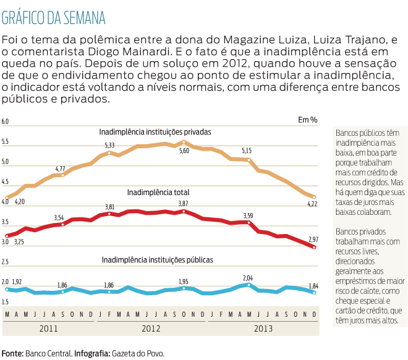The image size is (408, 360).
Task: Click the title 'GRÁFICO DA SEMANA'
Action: [54, 15]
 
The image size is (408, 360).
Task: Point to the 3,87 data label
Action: [184, 203]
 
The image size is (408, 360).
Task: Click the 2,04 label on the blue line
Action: [248, 278]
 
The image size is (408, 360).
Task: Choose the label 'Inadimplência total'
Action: [158, 193]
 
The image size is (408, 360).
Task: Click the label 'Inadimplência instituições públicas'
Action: [158, 260]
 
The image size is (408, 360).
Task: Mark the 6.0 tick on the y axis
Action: [6, 122]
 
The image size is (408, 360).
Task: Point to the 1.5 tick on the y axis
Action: [6, 301]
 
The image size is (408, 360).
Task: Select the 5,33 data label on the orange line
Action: [109, 145]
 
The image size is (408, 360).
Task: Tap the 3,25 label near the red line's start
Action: [19, 241]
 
